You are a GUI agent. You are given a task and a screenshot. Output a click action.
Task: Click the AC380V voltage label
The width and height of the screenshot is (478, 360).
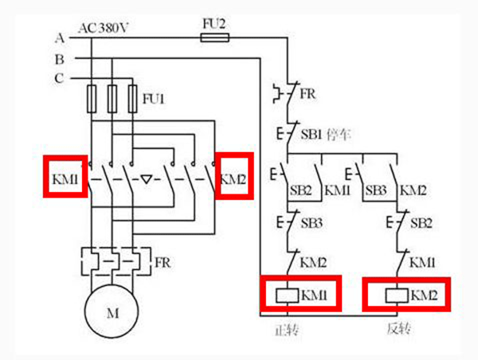tap(104, 28)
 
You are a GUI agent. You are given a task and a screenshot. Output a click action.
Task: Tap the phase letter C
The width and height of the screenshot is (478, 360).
tap(60, 78)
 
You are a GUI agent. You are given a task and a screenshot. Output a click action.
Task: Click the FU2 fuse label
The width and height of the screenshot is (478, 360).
tap(214, 25)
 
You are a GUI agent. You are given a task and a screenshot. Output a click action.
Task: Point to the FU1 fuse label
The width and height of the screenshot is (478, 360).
tap(153, 99)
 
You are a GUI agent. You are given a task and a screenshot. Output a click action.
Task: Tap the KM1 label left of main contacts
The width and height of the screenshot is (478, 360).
tap(64, 178)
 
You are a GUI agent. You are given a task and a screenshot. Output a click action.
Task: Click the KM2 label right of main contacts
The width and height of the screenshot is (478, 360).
tap(234, 178)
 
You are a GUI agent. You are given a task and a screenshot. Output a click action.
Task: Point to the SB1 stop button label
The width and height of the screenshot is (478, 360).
tap(311, 133)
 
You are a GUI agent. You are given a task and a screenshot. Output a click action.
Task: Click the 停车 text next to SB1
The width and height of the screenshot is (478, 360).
tap(338, 133)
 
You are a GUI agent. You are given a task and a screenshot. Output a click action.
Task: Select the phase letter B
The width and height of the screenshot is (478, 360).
tap(60, 58)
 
